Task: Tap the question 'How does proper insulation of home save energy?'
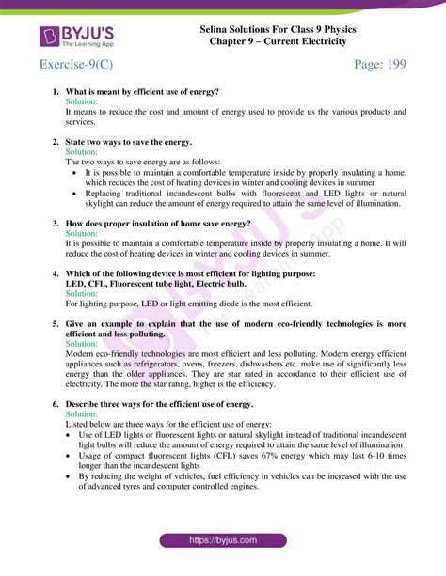point(157,224)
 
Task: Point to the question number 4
point(56,273)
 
